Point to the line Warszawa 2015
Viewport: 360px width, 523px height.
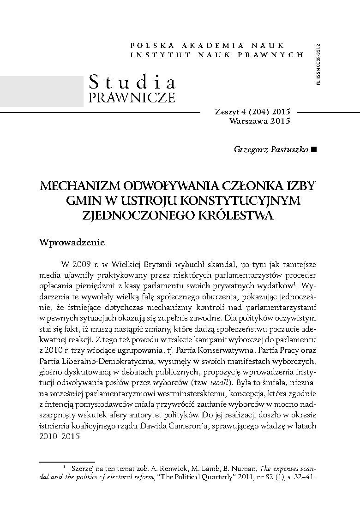point(259,121)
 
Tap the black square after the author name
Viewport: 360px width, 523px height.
point(314,150)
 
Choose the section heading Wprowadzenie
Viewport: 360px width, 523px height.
point(73,242)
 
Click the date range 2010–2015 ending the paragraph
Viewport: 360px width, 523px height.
point(57,437)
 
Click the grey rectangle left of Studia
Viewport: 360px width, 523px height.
point(42,91)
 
